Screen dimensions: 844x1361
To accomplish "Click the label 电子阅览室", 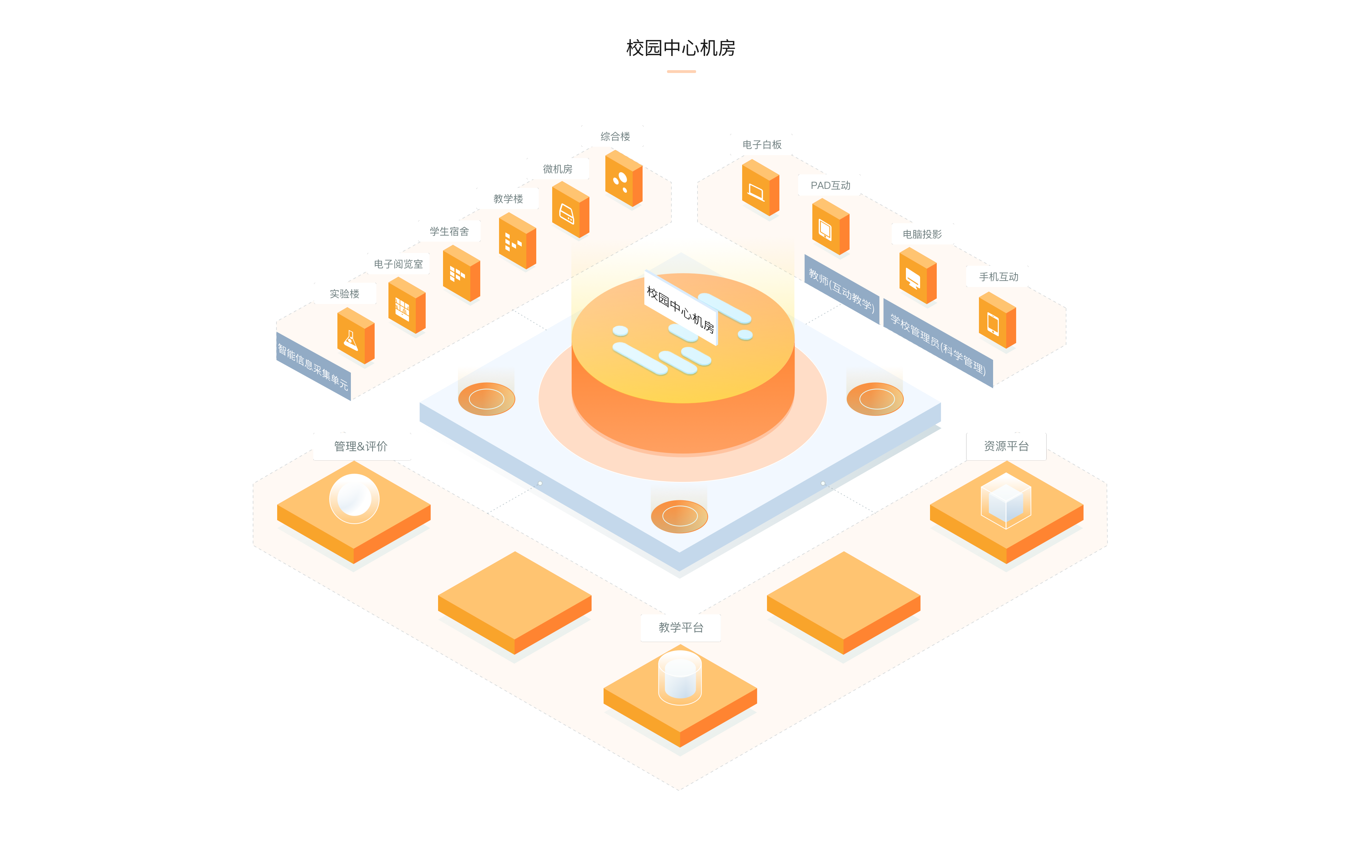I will pos(398,264).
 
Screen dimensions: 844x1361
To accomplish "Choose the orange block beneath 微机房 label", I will pos(570,210).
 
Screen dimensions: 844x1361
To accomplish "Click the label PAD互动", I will pos(830,185).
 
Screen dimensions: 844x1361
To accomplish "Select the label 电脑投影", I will pos(921,234).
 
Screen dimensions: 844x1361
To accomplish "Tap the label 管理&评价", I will pos(360,446).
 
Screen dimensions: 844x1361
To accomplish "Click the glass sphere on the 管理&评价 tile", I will pos(354,498).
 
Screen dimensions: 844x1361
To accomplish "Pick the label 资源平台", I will pos(1006,446).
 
